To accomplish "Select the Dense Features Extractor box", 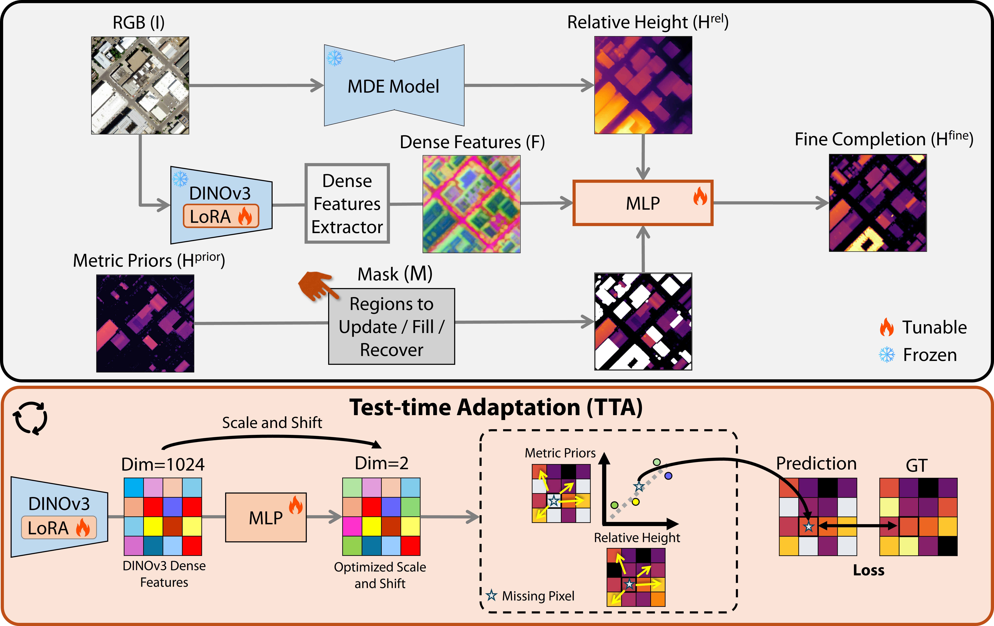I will [x=347, y=204].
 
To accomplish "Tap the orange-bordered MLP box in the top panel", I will [x=643, y=203].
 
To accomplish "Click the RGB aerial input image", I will [x=140, y=85].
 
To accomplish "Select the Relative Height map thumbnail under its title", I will [x=643, y=85].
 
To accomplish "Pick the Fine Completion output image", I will [x=878, y=203].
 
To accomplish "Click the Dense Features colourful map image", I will [x=471, y=204].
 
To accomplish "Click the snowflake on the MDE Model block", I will [x=334, y=58].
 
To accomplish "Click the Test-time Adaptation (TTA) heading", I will [x=496, y=408].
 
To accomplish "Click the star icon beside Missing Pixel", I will [x=491, y=595].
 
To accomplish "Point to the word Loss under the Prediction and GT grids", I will [x=868, y=570].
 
